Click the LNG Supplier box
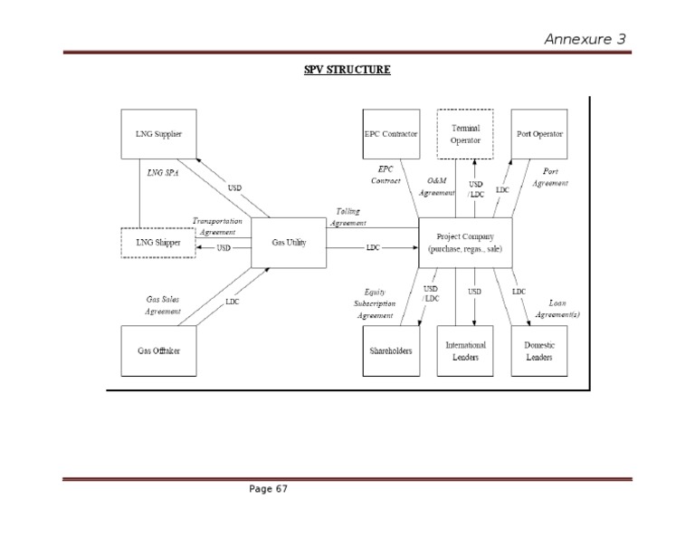[158, 135]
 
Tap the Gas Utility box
[288, 243]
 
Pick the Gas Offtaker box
[158, 350]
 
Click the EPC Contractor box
[390, 134]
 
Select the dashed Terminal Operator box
[465, 134]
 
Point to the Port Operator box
[539, 134]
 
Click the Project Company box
[465, 243]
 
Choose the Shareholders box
[390, 351]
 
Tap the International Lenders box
[465, 351]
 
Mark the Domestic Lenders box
[539, 351]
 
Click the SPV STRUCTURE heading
[347, 68]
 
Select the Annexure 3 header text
[584, 38]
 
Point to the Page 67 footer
[269, 489]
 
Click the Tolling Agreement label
[347, 216]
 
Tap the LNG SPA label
[163, 171]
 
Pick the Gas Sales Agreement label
[163, 304]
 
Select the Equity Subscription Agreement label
[375, 303]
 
